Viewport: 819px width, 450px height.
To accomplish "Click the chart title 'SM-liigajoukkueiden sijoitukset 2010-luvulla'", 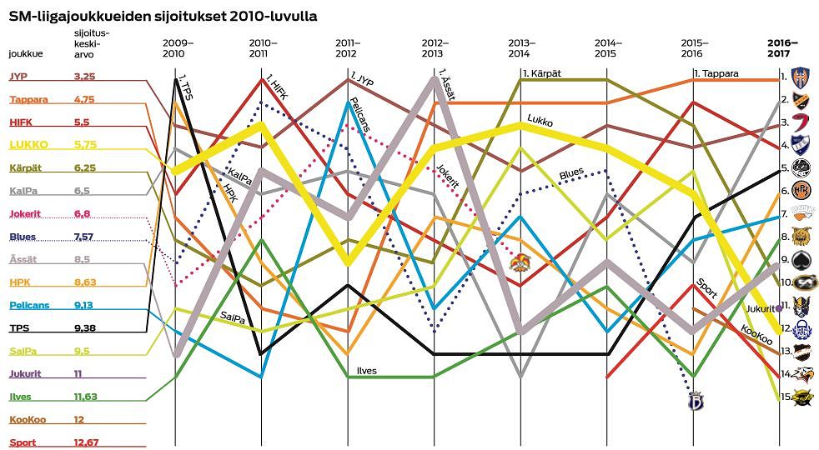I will click(163, 15).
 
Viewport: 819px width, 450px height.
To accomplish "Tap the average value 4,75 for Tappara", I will click(84, 99).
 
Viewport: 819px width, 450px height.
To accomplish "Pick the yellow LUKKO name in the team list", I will click(28, 144).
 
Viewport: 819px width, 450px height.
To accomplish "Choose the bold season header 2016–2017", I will click(781, 47).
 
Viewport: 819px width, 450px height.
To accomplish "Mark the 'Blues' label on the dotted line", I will click(571, 173).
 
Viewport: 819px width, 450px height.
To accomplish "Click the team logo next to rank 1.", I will click(802, 77).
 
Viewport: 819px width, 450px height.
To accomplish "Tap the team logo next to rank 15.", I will click(802, 397).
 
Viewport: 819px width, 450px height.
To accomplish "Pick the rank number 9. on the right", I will click(784, 260).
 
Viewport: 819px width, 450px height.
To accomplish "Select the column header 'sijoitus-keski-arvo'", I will click(91, 43).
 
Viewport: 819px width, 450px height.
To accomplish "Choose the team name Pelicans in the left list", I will click(29, 305).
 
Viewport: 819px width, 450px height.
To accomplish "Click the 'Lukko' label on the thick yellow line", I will click(540, 122).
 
